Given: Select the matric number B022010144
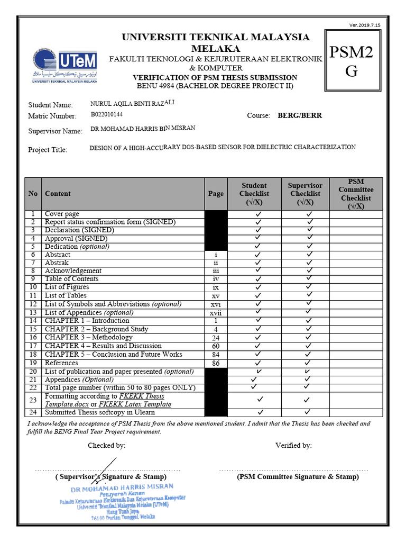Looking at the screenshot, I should pos(107,114).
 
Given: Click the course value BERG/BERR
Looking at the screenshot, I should pos(300,115).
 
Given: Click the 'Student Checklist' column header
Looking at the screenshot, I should pos(254,194).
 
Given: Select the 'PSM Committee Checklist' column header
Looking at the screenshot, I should pos(355,194).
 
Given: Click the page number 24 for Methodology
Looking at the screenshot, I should pos(216,338).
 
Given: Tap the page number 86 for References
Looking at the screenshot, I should pos(216,363).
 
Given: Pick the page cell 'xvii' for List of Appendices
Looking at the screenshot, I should pos(216,313).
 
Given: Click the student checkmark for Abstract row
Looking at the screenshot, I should pos(259,255).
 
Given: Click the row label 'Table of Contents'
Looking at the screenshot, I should pos(71,279).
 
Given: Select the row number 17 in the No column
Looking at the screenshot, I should pos(33,346).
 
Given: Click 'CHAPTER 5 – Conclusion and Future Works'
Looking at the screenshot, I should pos(113,355).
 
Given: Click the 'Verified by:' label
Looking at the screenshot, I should pos(293,445).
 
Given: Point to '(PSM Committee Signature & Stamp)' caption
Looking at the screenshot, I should pos(298,476).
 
